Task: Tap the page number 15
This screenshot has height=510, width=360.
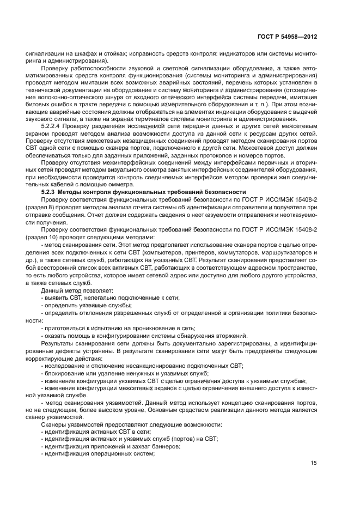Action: (x=314, y=464)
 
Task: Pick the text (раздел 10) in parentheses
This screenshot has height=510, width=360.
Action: (x=42, y=238)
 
